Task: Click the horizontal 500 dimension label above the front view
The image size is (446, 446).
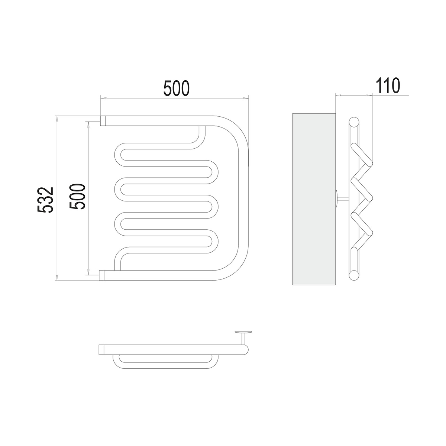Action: tap(177, 88)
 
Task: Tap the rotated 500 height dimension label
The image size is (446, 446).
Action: tap(77, 197)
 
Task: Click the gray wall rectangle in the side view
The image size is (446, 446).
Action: tap(314, 199)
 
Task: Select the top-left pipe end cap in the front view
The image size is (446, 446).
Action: tap(103, 120)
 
